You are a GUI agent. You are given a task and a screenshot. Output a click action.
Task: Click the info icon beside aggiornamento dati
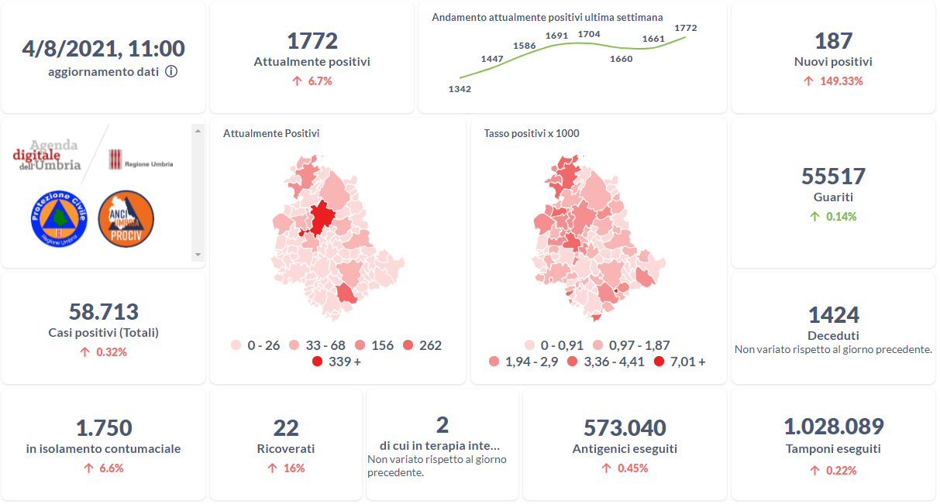coord(171,72)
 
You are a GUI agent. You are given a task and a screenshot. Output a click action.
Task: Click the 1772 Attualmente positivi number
coord(312,41)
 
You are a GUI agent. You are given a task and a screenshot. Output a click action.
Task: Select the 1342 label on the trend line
coord(460,89)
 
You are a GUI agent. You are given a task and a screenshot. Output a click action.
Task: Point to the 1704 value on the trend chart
coord(589,34)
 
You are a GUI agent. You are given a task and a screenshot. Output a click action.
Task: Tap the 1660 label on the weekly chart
coord(621,59)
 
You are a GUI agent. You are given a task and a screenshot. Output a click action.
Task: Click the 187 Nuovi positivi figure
coord(833,41)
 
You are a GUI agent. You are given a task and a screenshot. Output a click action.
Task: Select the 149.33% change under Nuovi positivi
coord(841,81)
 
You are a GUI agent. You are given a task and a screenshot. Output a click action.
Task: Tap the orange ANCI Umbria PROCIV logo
coord(126,219)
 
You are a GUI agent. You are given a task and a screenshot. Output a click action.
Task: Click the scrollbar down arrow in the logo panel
coord(198,255)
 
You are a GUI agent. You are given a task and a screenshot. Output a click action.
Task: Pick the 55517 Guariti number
coord(833,177)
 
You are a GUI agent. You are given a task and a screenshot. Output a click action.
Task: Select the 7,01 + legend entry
coord(679,361)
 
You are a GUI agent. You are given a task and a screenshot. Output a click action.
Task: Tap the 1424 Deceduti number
coord(833,315)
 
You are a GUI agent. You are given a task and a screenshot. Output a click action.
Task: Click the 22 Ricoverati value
coord(286,427)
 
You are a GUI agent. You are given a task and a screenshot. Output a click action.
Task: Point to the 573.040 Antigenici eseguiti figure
coord(625,427)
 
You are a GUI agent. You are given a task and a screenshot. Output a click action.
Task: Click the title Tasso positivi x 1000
coord(532,133)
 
